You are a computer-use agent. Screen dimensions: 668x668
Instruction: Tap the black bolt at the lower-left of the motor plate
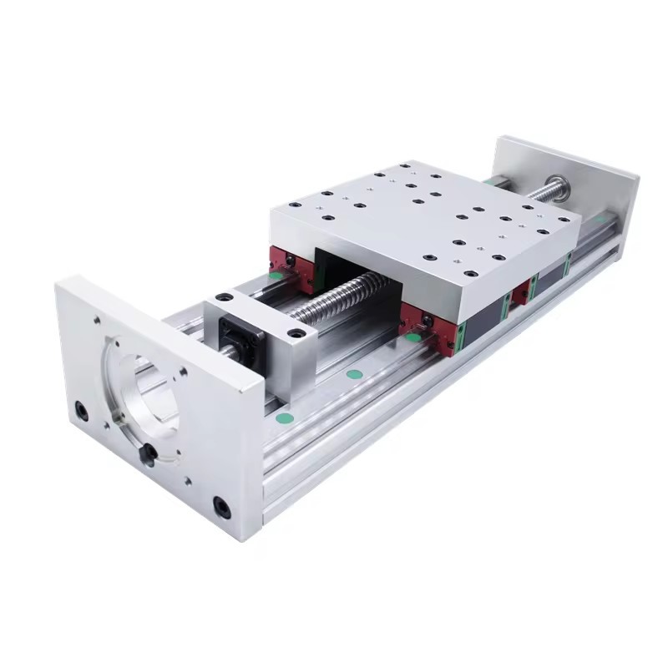81,410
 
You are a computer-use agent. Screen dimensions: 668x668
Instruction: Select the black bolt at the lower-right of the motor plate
221,506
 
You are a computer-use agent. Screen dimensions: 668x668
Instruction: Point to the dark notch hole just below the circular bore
149,453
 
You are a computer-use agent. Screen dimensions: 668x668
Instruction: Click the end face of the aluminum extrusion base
276,493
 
